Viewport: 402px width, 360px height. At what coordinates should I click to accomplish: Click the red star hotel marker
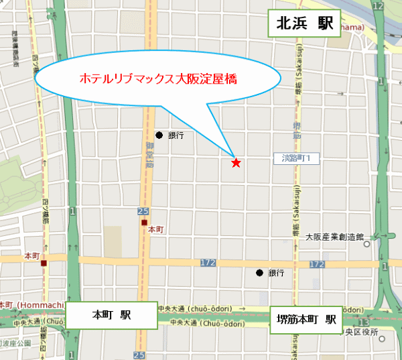(x=235, y=162)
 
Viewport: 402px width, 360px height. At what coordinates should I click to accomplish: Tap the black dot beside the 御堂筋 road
(x=159, y=135)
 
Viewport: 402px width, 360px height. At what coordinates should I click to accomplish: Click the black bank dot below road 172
(x=259, y=273)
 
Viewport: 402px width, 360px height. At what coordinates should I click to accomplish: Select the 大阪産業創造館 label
(x=334, y=237)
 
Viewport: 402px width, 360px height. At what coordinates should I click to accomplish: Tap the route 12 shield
(x=380, y=6)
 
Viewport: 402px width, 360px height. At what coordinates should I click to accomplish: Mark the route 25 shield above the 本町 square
(x=143, y=212)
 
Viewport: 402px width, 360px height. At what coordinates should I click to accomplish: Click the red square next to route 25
(x=143, y=223)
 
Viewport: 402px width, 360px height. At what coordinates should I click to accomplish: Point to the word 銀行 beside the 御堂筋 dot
(x=176, y=135)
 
